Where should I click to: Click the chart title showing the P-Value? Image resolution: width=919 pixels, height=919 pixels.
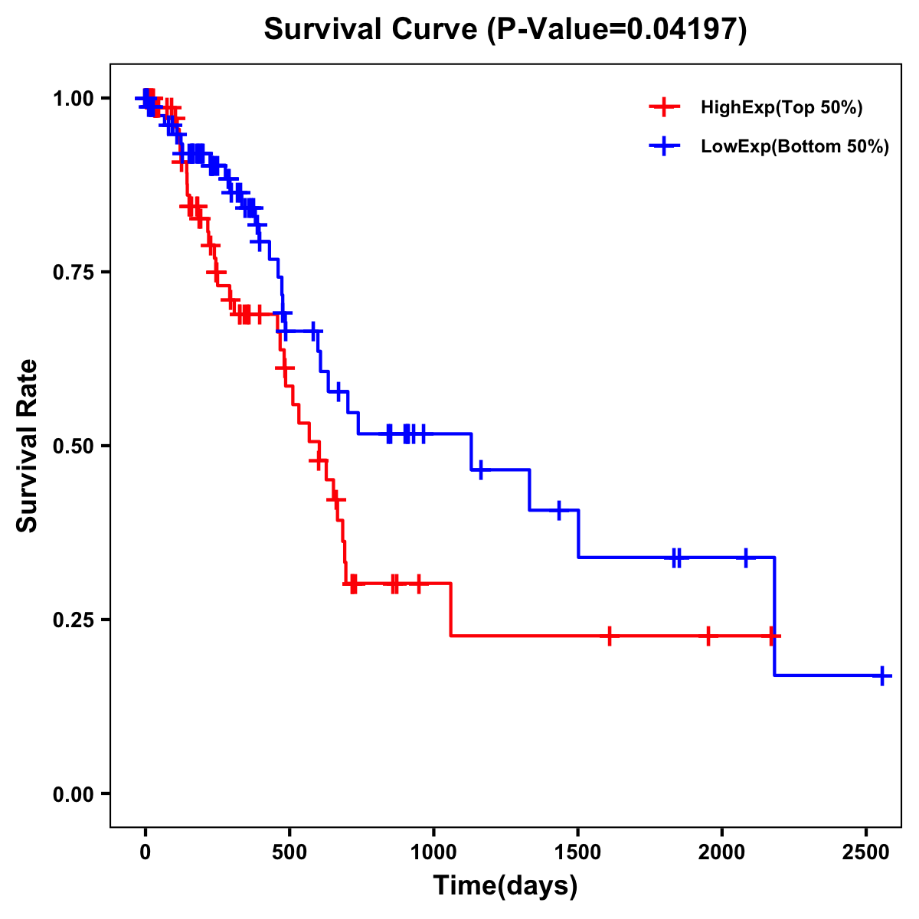click(505, 30)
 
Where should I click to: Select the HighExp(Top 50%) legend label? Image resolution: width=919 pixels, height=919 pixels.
click(781, 108)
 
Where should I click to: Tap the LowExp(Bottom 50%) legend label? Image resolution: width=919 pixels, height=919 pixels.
click(795, 147)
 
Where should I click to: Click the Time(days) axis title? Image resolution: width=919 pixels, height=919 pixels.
click(505, 886)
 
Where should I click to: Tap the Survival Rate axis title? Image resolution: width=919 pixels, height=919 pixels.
click(28, 446)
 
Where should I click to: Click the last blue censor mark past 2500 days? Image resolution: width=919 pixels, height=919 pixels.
click(882, 675)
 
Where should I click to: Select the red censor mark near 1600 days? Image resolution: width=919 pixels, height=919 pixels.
click(609, 636)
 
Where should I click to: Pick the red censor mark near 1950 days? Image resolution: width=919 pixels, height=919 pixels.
click(708, 636)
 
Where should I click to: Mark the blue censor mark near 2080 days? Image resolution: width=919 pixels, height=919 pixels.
click(745, 558)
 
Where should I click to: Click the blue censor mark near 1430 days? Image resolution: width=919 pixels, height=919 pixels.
click(559, 510)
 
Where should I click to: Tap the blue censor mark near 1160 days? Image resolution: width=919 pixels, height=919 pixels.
click(480, 469)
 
